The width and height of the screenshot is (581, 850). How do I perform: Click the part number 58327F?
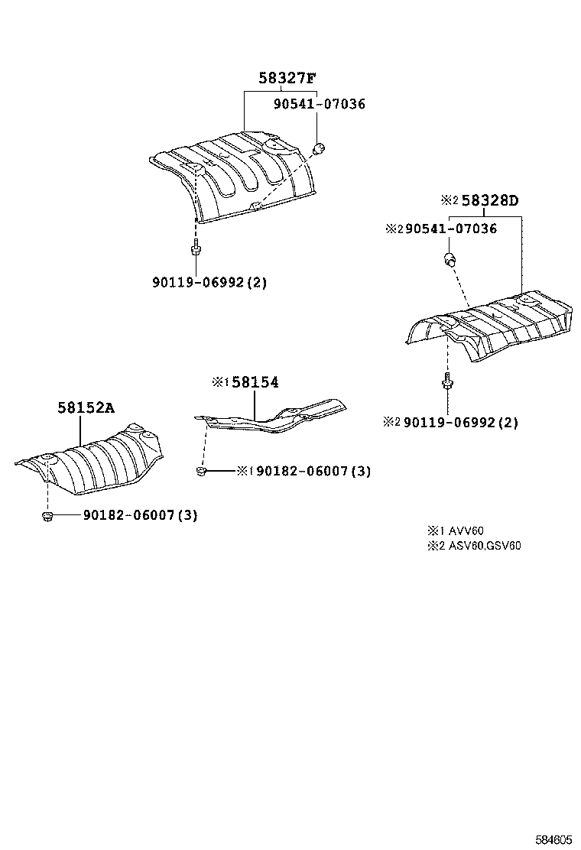[286, 79]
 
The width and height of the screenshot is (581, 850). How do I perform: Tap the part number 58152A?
[86, 408]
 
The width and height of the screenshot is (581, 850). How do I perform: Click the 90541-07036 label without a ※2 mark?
[320, 104]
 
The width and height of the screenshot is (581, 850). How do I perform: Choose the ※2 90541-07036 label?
[442, 229]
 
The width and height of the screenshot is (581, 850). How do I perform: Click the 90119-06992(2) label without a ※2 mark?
[208, 282]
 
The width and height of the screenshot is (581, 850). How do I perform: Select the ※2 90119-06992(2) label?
[452, 422]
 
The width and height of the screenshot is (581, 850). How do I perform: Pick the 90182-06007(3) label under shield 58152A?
[135, 515]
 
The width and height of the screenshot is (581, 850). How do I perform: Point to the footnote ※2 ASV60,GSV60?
[475, 545]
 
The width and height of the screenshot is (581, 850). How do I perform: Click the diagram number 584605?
[552, 839]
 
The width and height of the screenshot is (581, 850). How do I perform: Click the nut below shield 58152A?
[47, 517]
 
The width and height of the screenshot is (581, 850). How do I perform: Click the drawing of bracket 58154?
[275, 417]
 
